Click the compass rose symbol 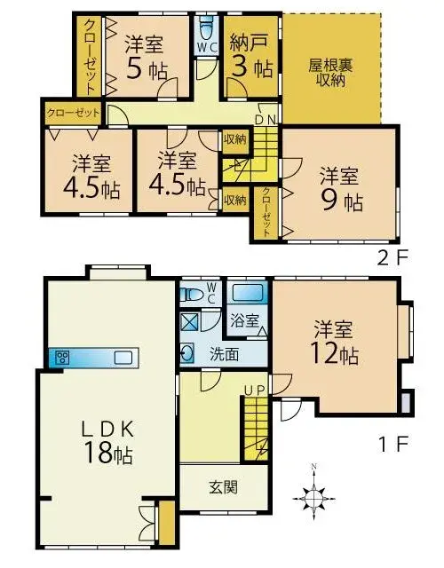pos(313,499)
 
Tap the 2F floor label pos(393,257)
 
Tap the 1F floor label pos(393,444)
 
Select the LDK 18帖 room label pos(107,442)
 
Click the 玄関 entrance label pos(224,487)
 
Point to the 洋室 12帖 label pos(334,343)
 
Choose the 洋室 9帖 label pos(340,189)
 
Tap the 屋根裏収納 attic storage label pos(330,73)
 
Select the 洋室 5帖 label pos(145,57)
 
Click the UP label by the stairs pos(255,390)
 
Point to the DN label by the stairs pos(266,120)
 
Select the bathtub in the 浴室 pos(247,293)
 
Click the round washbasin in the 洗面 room pos(187,353)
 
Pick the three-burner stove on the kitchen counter pos(62,358)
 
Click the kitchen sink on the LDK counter pos(123,358)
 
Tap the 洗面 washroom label pos(225,355)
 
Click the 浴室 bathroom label pos(245,320)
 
